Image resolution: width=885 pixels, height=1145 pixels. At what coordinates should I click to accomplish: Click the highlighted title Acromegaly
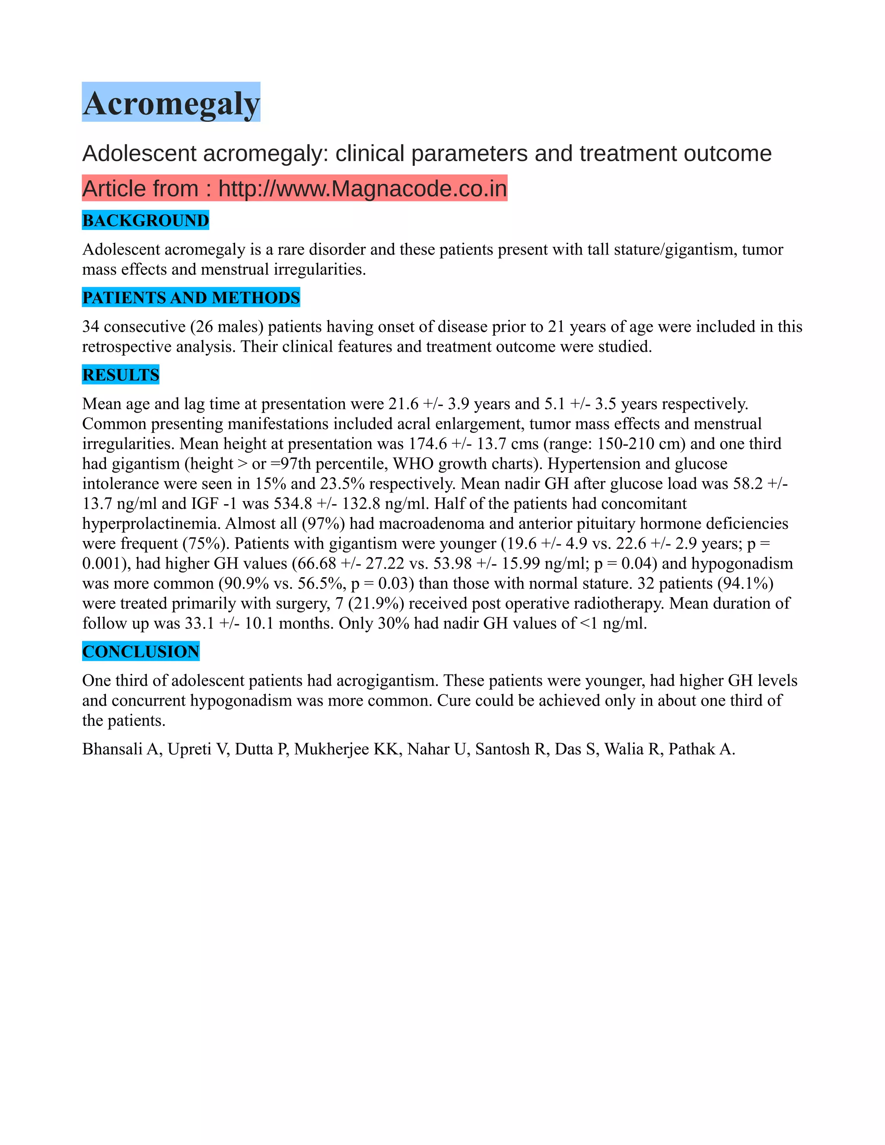click(x=171, y=103)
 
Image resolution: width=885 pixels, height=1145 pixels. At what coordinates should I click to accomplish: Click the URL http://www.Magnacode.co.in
click(x=362, y=189)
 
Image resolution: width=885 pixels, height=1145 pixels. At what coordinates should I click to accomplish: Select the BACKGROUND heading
click(x=145, y=221)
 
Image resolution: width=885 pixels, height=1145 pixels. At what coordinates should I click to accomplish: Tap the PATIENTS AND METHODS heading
click(x=191, y=298)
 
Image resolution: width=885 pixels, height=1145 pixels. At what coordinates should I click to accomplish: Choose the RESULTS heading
click(x=121, y=375)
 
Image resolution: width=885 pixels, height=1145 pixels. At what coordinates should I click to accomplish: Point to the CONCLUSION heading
click(x=140, y=652)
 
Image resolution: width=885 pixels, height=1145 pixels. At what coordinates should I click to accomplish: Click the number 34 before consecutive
click(x=91, y=327)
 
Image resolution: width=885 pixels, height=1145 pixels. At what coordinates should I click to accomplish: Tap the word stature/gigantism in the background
click(x=675, y=250)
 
